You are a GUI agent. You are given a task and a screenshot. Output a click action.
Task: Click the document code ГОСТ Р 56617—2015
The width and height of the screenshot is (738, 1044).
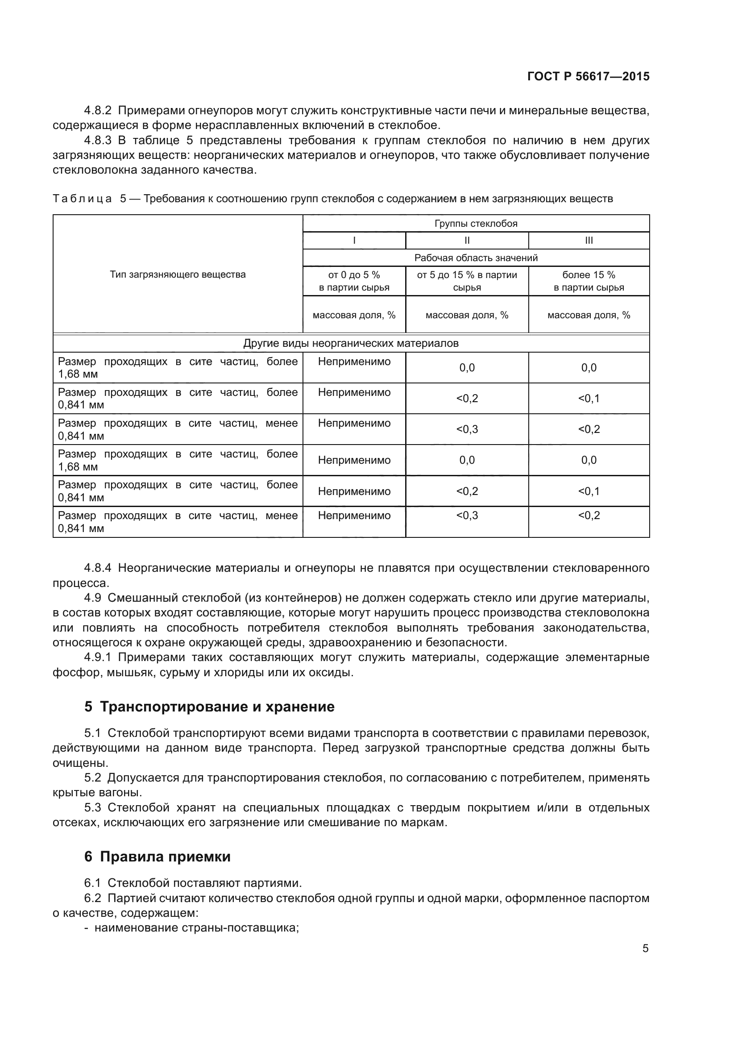coord(588,76)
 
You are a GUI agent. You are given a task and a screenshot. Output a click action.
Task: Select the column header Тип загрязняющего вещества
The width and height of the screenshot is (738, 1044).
coord(178,275)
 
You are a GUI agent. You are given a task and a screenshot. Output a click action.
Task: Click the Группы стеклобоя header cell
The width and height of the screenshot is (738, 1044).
coord(476,223)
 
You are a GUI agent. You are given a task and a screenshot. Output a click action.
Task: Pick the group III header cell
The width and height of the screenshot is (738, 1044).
coord(589,241)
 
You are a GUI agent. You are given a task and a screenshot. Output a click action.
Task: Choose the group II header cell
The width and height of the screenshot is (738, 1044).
coord(467,241)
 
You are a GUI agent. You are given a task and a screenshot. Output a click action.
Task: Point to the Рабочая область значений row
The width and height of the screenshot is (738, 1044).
coord(476,258)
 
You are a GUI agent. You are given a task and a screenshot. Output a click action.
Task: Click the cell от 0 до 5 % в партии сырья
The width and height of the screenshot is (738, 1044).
coord(354,281)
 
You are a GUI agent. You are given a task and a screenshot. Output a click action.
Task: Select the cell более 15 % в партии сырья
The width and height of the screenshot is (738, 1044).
coord(589,281)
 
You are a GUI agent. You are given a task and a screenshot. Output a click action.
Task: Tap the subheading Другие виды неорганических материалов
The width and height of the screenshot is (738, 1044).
coord(351,343)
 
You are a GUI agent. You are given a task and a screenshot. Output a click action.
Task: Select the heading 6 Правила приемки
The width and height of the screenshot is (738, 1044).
coord(157,857)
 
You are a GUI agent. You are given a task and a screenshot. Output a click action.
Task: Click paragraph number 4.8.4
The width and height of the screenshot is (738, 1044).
coord(98,568)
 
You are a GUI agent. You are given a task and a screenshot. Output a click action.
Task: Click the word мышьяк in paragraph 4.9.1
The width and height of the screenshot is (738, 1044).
coord(123,673)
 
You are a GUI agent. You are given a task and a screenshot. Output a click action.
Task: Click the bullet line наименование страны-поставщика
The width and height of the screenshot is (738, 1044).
coord(195,928)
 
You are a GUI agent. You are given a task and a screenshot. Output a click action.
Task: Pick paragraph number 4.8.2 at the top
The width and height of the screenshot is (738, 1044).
coord(98,111)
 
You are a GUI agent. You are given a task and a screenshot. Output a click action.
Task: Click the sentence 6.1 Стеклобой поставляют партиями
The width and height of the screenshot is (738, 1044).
coord(193,883)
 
